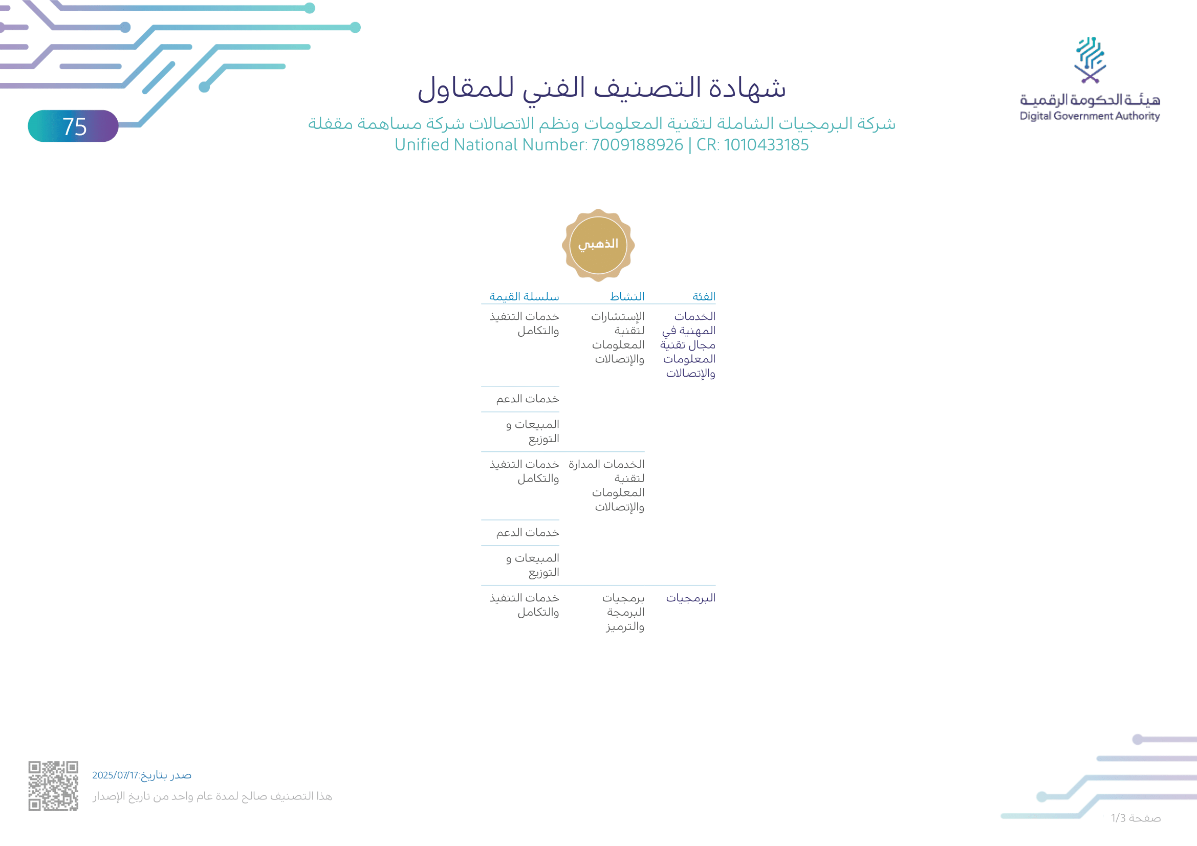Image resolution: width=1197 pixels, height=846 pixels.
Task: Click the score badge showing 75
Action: tap(73, 126)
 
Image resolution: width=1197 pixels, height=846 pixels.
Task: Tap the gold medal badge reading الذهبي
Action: tap(598, 245)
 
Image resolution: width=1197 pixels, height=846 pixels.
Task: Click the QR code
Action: tap(53, 786)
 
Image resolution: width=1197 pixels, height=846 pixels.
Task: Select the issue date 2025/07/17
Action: tap(115, 775)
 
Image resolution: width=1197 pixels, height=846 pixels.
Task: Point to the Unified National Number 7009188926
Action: tap(637, 145)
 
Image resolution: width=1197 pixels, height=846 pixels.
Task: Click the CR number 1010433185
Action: tap(766, 145)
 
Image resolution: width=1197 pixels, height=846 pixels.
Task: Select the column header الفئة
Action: tap(703, 297)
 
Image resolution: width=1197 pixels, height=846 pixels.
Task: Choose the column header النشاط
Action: tap(627, 297)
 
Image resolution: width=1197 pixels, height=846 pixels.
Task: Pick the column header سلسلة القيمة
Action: tap(524, 297)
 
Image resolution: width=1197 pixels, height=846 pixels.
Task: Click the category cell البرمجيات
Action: tap(690, 598)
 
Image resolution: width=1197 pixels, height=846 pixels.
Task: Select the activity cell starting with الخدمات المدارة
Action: tap(607, 485)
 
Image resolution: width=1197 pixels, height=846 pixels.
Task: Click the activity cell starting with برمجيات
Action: tap(624, 612)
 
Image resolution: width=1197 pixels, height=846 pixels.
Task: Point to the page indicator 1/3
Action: tap(1136, 818)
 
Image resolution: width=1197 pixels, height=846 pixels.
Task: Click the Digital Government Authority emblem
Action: tap(1090, 60)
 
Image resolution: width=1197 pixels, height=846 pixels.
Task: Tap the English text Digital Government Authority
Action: tap(1090, 116)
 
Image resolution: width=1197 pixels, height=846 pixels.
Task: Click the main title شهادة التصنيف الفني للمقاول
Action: tap(602, 88)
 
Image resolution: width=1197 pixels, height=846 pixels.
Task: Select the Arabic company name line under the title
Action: tap(602, 123)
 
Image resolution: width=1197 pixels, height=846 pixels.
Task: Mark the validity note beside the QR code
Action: tap(212, 796)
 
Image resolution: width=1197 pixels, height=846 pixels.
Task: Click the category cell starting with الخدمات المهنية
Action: tap(689, 344)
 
